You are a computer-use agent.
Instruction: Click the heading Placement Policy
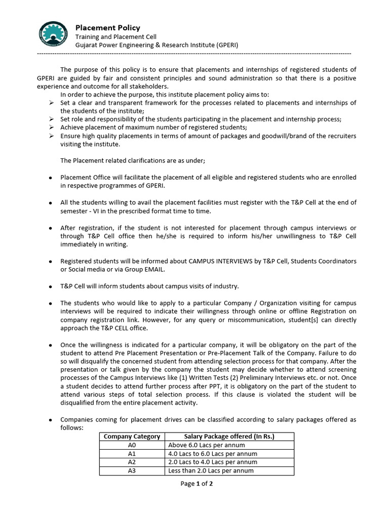108,28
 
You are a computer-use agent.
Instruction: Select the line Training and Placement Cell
116,37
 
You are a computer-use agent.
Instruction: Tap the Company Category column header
132,437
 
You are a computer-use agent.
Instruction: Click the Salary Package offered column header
230,437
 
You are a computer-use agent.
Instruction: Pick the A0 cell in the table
132,445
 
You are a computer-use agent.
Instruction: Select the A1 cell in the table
132,454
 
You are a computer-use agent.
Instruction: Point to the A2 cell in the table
132,462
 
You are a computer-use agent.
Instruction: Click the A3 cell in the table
132,471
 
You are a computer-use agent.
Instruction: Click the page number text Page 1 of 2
197,484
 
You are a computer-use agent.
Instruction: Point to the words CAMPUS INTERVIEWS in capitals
220,261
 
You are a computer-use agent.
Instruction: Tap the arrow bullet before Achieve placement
51,127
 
